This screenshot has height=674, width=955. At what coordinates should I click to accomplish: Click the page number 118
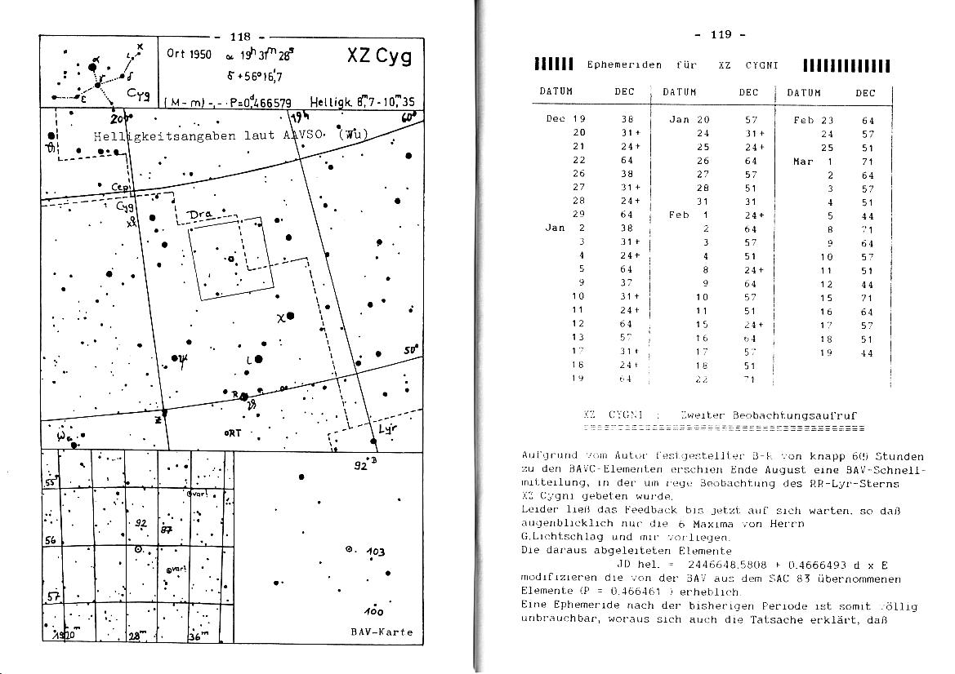[x=240, y=37]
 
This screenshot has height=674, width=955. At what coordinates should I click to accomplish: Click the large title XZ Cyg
[x=379, y=57]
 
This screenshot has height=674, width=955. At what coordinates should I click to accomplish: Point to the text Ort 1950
[x=189, y=54]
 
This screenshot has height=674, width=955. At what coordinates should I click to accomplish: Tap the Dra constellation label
[x=200, y=215]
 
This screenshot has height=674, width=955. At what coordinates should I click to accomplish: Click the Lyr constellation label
[x=386, y=429]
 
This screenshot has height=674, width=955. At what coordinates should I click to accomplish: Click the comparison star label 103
[x=375, y=552]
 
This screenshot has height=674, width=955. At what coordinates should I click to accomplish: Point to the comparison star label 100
[x=374, y=611]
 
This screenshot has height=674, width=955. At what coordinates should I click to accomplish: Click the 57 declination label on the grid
[x=52, y=597]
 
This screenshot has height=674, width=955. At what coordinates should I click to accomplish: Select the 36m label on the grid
[x=199, y=636]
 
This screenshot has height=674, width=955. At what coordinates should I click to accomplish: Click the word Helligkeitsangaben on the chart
[x=152, y=135]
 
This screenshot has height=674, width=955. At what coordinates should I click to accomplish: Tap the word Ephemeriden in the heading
[x=624, y=65]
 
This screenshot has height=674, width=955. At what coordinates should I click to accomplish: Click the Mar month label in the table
[x=803, y=162]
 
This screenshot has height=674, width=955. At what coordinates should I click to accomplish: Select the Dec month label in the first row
[x=555, y=119]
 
